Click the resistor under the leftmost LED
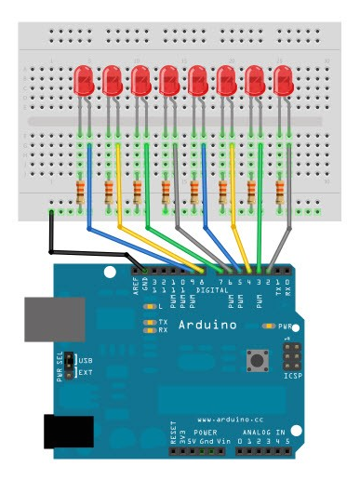point(81,193)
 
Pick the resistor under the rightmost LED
point(280,193)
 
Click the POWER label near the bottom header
point(205,433)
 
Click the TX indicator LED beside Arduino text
point(149,321)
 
